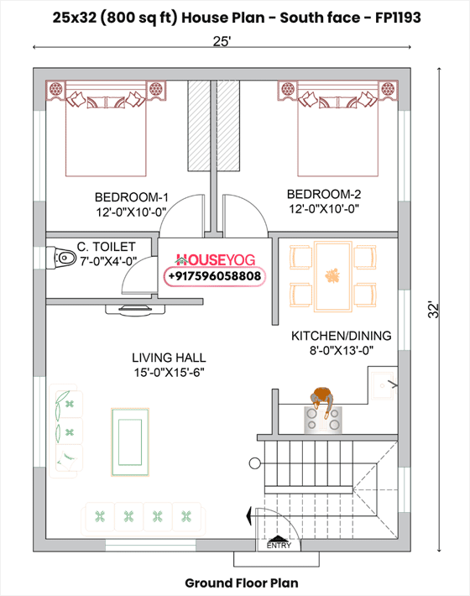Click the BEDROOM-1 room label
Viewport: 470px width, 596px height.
[x=132, y=197]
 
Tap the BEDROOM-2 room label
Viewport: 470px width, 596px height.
[x=324, y=194]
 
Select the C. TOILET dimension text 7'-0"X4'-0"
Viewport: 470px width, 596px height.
[x=107, y=261]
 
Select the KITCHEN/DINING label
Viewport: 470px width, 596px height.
[x=341, y=336]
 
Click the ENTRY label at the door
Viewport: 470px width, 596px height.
[x=279, y=546]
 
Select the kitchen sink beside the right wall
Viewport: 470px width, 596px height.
[x=384, y=384]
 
